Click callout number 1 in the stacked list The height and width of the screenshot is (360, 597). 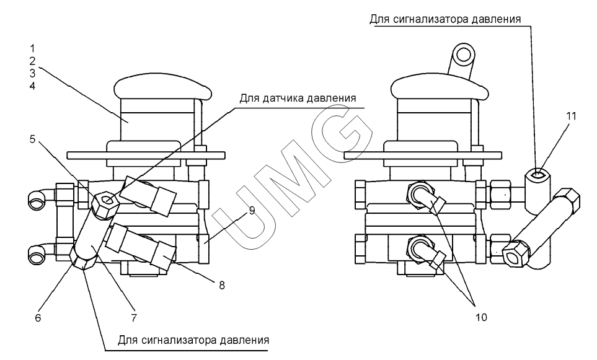pyautogui.click(x=32, y=48)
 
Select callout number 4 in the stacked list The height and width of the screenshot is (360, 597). pyautogui.click(x=32, y=86)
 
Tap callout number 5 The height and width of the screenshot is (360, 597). pyautogui.click(x=32, y=139)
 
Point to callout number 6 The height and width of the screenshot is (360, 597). pyautogui.click(x=38, y=318)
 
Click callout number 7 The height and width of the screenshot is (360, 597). pyautogui.click(x=134, y=318)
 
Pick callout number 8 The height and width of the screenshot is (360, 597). pyautogui.click(x=222, y=285)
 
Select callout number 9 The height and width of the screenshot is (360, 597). pyautogui.click(x=252, y=211)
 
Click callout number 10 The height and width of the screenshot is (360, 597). pyautogui.click(x=481, y=317)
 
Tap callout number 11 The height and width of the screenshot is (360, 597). pyautogui.click(x=571, y=116)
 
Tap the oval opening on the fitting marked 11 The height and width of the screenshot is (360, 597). pyautogui.click(x=538, y=175)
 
